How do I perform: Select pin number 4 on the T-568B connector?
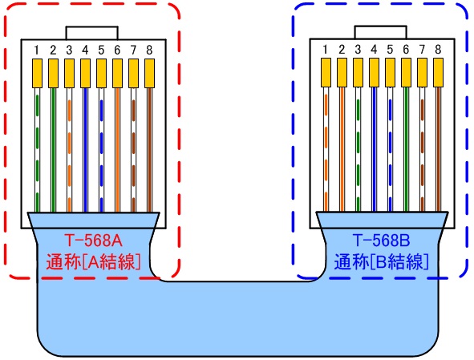373,50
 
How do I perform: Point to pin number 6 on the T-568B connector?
406,50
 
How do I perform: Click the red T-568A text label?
93,240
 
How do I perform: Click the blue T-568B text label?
381,240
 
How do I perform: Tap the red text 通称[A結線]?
93,261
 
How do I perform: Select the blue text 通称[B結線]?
381,261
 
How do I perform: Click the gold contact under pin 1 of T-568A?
37,74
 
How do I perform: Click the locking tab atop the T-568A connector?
93,31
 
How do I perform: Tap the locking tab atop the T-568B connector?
381,31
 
